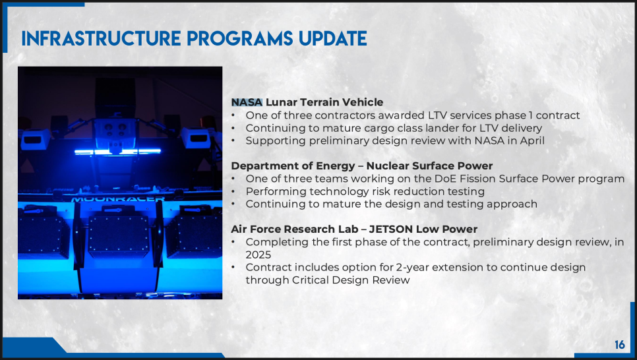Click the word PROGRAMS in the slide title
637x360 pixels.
239,39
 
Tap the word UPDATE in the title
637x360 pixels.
333,39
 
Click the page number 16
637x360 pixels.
620,345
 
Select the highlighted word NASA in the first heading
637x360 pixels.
247,102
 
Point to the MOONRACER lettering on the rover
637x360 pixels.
118,199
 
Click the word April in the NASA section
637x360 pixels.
532,141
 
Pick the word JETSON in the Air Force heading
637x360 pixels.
391,229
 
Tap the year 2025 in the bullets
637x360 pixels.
258,255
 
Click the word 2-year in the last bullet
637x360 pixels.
410,268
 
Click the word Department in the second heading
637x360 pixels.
260,166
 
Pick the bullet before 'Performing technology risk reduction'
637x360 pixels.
233,191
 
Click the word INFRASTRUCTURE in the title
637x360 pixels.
101,39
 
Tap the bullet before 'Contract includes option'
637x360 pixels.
233,267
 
